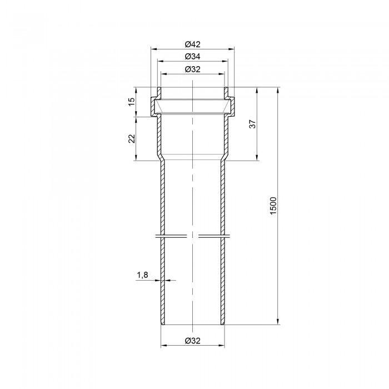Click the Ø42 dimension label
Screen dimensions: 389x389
pos(192,44)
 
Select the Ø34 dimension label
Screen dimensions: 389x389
pos(192,57)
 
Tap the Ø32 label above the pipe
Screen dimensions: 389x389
pos(192,69)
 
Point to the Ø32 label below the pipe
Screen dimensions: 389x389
pos(192,341)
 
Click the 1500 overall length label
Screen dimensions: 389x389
pos(273,206)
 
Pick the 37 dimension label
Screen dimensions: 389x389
pos(252,124)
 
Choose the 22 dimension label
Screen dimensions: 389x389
pos(132,139)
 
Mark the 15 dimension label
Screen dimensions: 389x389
pos(132,102)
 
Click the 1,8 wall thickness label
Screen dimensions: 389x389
pos(142,275)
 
